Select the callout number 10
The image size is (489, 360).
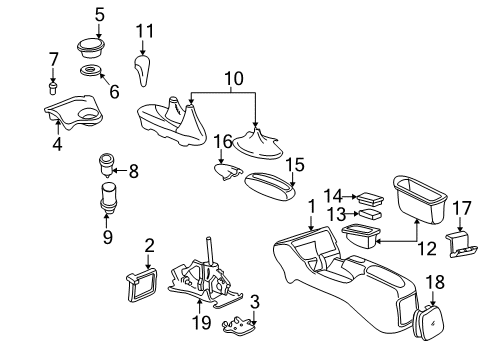pos(234,78)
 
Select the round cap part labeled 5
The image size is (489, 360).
pos(92,47)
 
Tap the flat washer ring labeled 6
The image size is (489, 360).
pos(92,74)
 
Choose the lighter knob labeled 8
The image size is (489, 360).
pos(105,160)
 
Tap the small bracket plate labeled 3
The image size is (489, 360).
pos(237,323)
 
